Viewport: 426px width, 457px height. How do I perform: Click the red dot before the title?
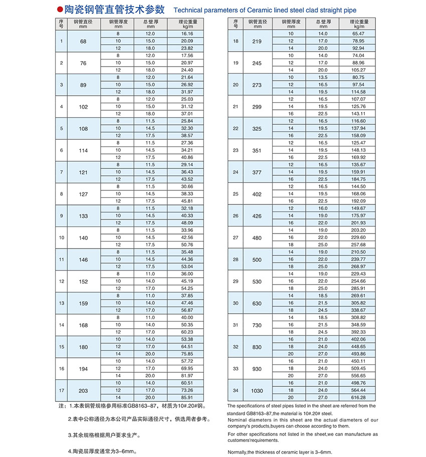tap(60, 9)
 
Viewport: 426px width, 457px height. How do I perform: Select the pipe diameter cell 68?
tap(83, 41)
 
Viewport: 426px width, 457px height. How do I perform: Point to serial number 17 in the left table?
tap(61, 390)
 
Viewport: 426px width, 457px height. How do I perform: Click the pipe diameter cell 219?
tap(257, 41)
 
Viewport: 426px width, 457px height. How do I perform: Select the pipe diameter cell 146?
tap(83, 260)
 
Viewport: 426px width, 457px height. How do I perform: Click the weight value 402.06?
tap(359, 339)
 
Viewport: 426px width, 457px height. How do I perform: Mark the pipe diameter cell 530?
tap(257, 281)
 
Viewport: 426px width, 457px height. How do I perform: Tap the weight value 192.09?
tap(359, 201)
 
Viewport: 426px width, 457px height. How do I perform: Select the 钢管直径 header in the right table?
tap(257, 23)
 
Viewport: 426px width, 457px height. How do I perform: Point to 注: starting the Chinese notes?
tap(62, 405)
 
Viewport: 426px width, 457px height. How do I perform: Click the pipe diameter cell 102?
tap(83, 106)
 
